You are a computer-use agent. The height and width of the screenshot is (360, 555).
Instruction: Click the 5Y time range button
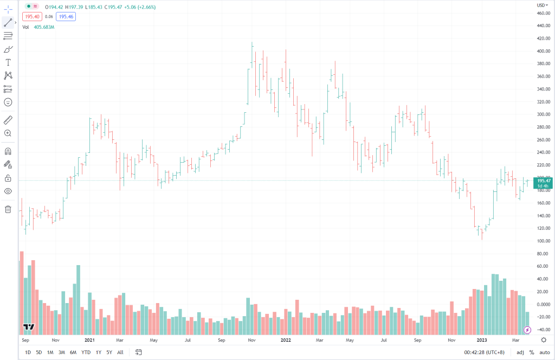109,352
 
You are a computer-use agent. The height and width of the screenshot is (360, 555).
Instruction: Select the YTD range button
86,352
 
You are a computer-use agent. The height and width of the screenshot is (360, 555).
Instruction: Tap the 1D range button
28,352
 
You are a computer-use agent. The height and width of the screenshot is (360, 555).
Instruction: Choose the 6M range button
73,352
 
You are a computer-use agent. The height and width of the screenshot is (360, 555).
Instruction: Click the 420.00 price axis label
544,38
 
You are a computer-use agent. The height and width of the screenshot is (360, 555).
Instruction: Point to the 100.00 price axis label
544,241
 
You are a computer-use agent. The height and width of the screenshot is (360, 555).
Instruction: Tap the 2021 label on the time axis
90,340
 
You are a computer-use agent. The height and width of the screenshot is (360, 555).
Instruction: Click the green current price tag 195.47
543,183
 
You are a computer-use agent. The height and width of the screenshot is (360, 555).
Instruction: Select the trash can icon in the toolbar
8,209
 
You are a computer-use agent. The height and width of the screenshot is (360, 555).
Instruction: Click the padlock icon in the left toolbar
8,178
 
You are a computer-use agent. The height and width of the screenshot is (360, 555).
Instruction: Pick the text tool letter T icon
8,62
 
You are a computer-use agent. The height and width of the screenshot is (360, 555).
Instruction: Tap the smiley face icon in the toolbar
8,102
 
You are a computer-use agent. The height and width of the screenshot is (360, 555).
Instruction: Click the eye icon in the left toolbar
8,191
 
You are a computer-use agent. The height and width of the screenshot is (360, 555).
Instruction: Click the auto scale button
544,352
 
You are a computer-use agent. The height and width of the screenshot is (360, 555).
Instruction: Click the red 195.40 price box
30,16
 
